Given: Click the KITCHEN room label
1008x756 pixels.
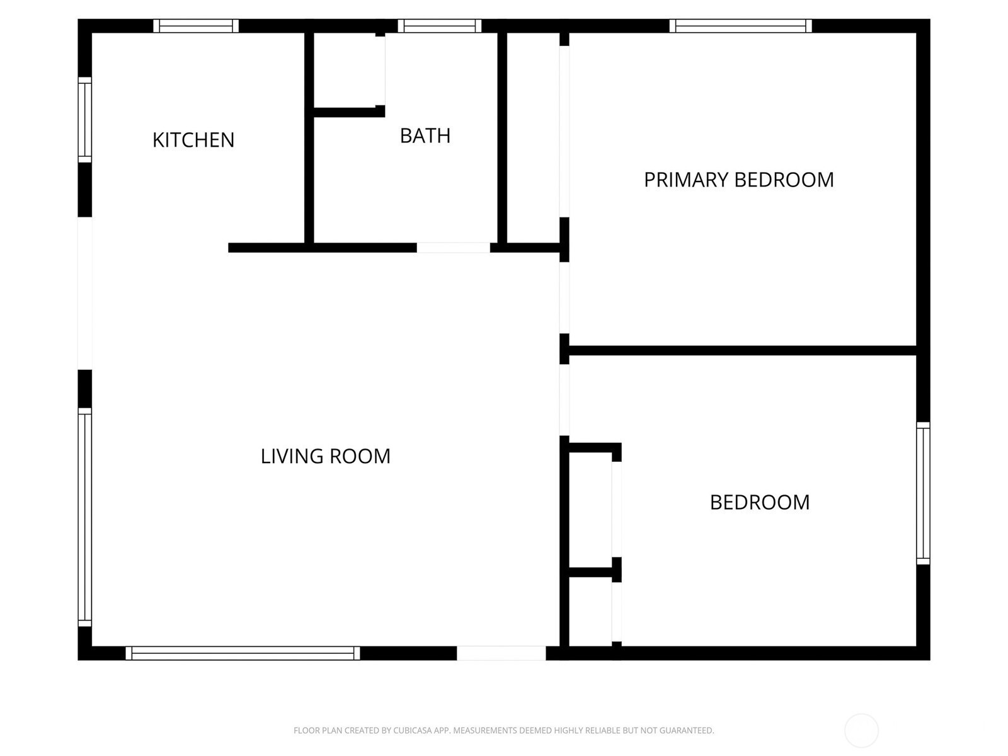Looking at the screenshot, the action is pos(193,140).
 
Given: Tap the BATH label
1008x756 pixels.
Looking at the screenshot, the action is pos(425,136).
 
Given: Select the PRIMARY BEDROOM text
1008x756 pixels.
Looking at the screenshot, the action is pos(738,180).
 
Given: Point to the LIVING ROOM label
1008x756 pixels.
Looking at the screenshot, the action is pos(325,456).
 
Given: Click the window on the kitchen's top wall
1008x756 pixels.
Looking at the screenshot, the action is pos(196,26).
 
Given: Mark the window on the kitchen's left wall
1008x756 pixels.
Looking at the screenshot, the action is pos(85,120).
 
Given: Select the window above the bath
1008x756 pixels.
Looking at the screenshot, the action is pos(440,26).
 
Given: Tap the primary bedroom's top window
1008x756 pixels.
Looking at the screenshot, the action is pos(740,26).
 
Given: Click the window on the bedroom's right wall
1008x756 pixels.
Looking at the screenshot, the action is pos(923,493).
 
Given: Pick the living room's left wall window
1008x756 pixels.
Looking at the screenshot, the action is pos(85,517).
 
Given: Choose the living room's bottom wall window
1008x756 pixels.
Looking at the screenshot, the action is pos(243,653).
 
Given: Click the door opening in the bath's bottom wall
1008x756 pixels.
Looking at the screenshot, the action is pos(453,248).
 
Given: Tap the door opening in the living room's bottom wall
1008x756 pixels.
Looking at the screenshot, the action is pos(501,653).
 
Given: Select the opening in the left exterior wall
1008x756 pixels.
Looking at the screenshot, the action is pos(85,294).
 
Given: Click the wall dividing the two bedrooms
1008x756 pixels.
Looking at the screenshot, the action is pos(743,351).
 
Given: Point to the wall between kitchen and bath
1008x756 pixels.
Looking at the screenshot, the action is pos(309,138).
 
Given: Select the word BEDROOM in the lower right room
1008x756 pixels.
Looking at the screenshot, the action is pos(760,503).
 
